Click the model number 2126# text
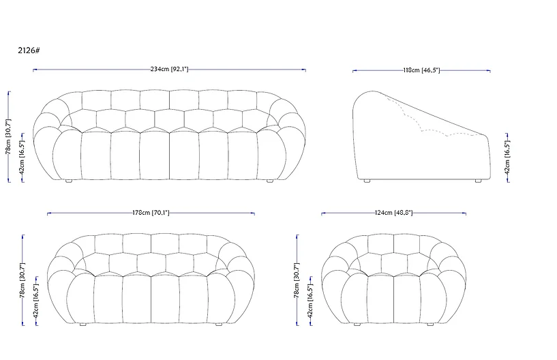pyautogui.click(x=29, y=50)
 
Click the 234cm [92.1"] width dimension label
pyautogui.click(x=169, y=69)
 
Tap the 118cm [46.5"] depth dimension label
pyautogui.click(x=421, y=70)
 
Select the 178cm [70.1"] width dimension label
pyautogui.click(x=151, y=213)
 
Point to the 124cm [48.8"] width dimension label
pyautogui.click(x=393, y=213)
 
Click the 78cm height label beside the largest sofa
pyautogui.click(x=9, y=137)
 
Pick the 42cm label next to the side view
pyautogui.click(x=507, y=157)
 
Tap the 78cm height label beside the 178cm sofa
pyautogui.click(x=22, y=280)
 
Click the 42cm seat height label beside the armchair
pyautogui.click(x=310, y=301)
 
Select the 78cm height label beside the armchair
pyautogui.click(x=297, y=280)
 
